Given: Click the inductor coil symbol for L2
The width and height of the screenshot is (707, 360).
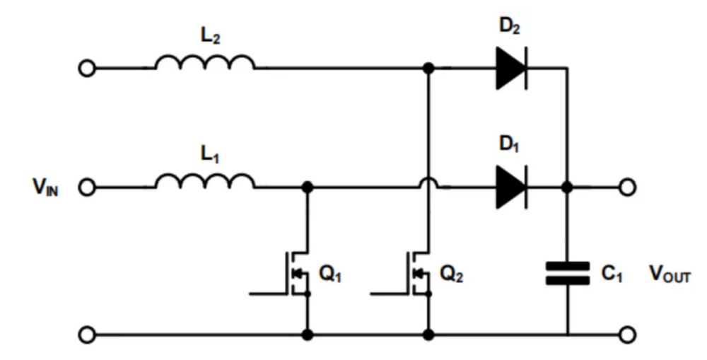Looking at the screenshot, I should tap(205, 62).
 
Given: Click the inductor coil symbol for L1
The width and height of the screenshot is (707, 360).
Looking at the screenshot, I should tap(205, 181).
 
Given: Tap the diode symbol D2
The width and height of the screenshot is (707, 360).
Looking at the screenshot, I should tap(511, 69).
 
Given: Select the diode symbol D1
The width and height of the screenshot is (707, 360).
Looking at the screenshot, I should tap(511, 187).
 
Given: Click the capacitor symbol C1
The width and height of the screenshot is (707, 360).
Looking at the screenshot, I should tap(567, 273).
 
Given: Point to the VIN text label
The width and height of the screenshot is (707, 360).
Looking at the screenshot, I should tap(45, 188).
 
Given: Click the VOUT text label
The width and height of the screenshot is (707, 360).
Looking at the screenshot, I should tap(670, 274).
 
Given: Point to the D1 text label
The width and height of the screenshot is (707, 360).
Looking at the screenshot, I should tap(510, 144).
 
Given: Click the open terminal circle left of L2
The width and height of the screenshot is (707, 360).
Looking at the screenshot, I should tap(87, 69).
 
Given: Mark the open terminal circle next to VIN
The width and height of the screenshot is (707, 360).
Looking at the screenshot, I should tap(87, 187).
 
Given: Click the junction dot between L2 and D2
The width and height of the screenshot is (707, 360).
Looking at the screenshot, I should tap(428, 69).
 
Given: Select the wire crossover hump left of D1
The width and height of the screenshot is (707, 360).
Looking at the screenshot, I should tap(428, 183).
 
